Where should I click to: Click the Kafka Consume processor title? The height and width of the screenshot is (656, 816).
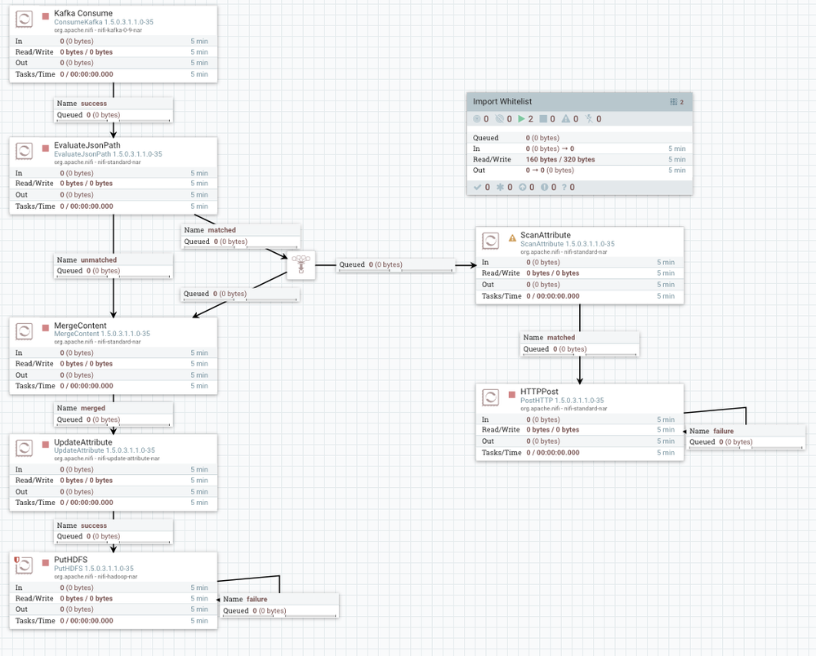pos(82,14)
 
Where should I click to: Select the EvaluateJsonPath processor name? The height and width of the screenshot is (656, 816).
pos(87,145)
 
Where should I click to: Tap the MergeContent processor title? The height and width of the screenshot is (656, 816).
pos(80,326)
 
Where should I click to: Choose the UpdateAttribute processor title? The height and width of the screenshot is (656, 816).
pos(82,442)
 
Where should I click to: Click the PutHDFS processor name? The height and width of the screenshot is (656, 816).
pos(70,560)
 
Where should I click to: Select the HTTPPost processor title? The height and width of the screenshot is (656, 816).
pos(539,392)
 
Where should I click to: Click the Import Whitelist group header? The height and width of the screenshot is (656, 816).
pos(502,102)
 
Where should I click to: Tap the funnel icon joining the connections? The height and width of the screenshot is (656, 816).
pos(301,264)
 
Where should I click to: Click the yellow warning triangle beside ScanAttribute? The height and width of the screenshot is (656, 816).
pos(512,238)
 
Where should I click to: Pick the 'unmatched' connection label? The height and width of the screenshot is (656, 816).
pos(99,260)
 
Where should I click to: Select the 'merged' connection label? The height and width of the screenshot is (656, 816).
pos(92,408)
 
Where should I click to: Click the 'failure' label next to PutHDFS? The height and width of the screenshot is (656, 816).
pos(256,599)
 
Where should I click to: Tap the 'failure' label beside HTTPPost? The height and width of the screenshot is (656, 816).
pos(723,431)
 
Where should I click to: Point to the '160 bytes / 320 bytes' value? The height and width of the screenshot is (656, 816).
pos(560,160)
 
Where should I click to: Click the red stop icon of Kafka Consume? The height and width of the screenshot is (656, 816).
pos(46,16)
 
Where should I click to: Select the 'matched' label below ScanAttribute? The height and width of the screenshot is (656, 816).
pos(560,337)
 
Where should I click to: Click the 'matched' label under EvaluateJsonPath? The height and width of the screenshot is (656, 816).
pos(221,230)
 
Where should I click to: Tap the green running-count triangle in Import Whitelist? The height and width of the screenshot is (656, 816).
pos(522,119)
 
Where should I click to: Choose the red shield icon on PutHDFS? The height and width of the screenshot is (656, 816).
pos(16,560)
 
